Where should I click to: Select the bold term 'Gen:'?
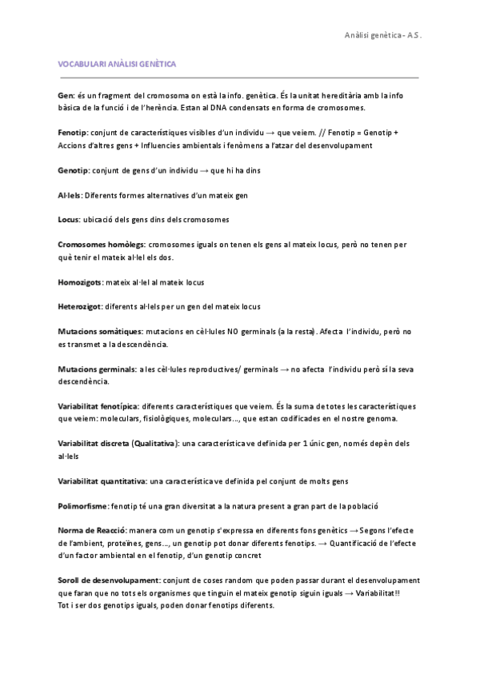click(x=67, y=95)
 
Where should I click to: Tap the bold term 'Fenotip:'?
click(x=74, y=133)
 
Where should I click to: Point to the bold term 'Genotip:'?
click(x=75, y=170)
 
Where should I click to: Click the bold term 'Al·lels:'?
click(x=70, y=195)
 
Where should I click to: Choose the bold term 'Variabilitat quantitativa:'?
click(x=102, y=481)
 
